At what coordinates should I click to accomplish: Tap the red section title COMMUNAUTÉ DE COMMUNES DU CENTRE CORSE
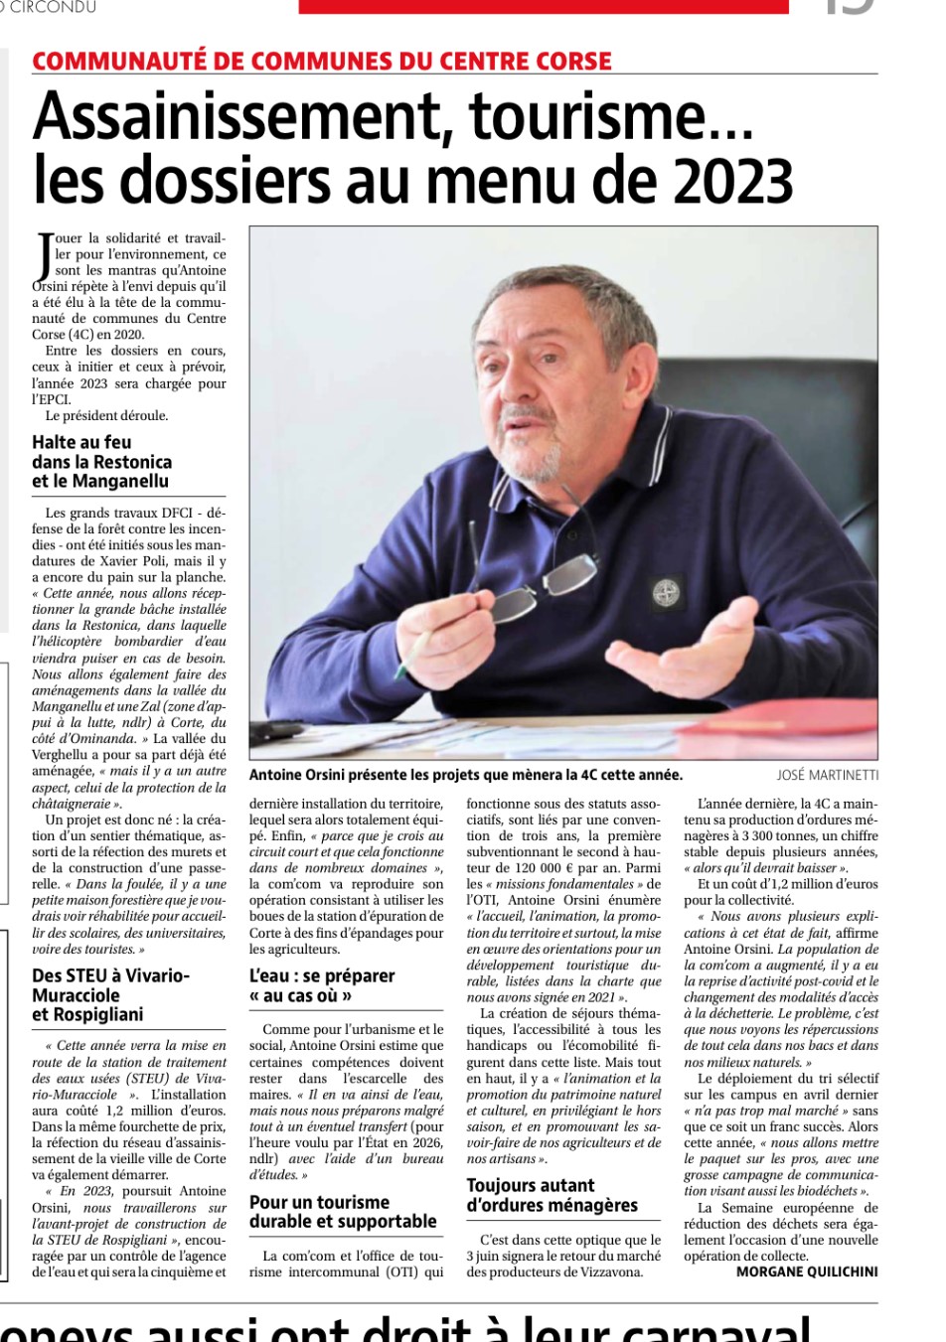pos(322,62)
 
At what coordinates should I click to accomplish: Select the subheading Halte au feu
pos(81,442)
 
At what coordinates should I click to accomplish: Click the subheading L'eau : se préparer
pos(322,976)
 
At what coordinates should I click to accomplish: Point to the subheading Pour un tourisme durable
pos(343,1212)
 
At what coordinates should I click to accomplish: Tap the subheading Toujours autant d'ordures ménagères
pos(552,1195)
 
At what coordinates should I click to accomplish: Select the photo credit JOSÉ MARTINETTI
pos(827,776)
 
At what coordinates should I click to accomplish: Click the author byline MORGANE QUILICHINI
pos(807,1271)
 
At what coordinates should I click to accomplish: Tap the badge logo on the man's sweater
pos(666,594)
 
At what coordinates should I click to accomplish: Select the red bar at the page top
pos(544,6)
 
